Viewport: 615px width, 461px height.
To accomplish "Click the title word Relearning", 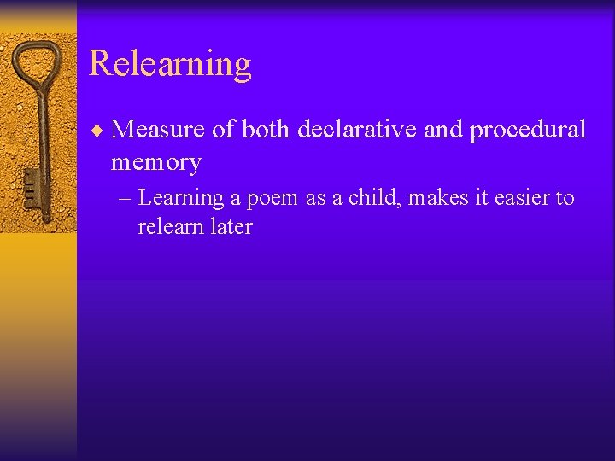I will (170, 64).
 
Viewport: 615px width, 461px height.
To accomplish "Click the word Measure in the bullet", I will (155, 129).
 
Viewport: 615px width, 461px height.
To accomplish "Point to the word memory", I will (155, 162).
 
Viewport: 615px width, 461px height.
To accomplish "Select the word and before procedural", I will (442, 129).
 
